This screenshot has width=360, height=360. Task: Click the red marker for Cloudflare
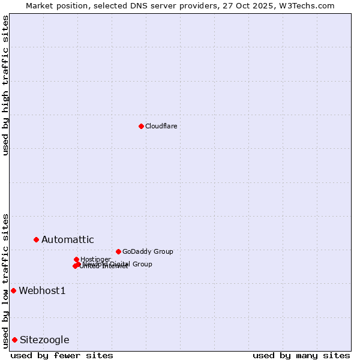(x=141, y=126)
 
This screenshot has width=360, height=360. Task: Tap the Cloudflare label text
(x=161, y=126)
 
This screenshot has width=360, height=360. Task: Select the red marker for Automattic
(x=36, y=239)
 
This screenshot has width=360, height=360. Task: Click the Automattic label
(x=67, y=240)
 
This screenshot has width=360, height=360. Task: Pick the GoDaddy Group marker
(x=118, y=251)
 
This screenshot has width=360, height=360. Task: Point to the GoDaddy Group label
(x=148, y=251)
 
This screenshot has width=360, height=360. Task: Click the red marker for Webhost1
(x=13, y=290)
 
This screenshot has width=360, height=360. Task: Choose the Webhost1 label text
(x=42, y=291)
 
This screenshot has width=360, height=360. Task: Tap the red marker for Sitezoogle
(x=14, y=340)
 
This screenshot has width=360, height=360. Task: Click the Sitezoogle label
(x=44, y=340)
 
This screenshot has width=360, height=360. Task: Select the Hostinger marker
(x=76, y=259)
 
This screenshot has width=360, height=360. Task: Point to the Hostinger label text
(x=95, y=259)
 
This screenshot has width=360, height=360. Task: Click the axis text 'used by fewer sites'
(x=62, y=356)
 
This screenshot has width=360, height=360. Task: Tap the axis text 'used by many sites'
(x=301, y=356)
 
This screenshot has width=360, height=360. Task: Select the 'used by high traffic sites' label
(x=5, y=85)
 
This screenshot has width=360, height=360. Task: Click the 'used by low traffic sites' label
(x=5, y=281)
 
